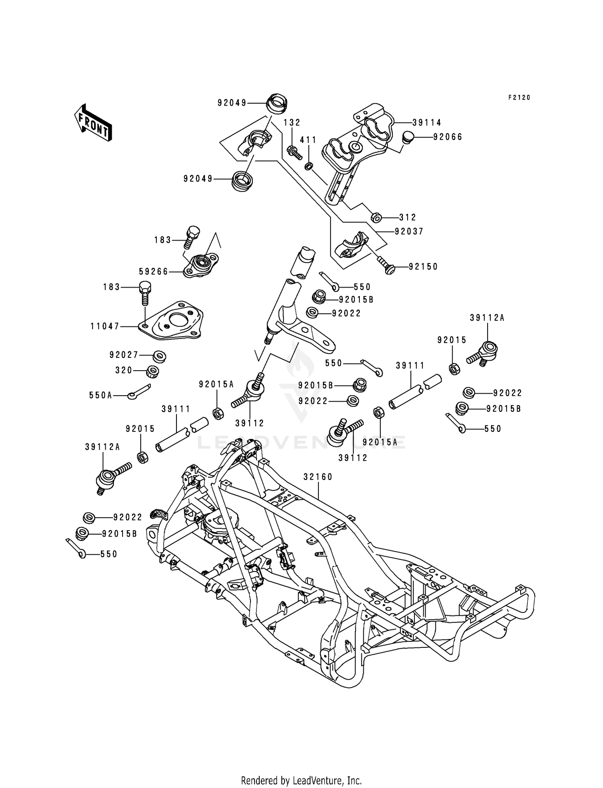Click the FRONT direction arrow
click(92, 122)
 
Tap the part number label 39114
click(427, 122)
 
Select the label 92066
click(447, 137)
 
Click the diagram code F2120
click(519, 98)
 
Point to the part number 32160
click(318, 477)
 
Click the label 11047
click(105, 327)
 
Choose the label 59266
click(154, 272)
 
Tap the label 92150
click(423, 267)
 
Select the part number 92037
click(409, 231)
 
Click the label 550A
click(100, 396)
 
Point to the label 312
click(408, 217)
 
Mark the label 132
click(292, 122)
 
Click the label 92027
click(124, 355)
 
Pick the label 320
click(124, 370)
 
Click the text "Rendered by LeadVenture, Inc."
click(301, 770)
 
